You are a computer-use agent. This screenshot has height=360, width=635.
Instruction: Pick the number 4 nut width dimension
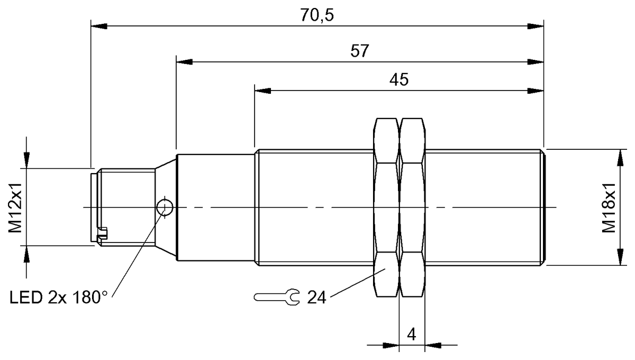click(x=411, y=335)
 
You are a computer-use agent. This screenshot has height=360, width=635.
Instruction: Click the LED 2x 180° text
click(x=58, y=298)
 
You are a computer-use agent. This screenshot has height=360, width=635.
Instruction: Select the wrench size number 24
click(x=316, y=298)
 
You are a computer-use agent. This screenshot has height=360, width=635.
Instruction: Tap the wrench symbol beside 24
click(x=277, y=298)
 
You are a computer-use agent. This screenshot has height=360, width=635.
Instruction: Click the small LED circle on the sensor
click(x=165, y=207)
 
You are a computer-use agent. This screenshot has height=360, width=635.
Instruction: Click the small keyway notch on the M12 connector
click(x=103, y=231)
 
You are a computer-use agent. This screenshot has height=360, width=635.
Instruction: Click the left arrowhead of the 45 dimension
click(x=262, y=90)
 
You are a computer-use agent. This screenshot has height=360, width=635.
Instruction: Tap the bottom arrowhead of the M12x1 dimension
click(x=25, y=254)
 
